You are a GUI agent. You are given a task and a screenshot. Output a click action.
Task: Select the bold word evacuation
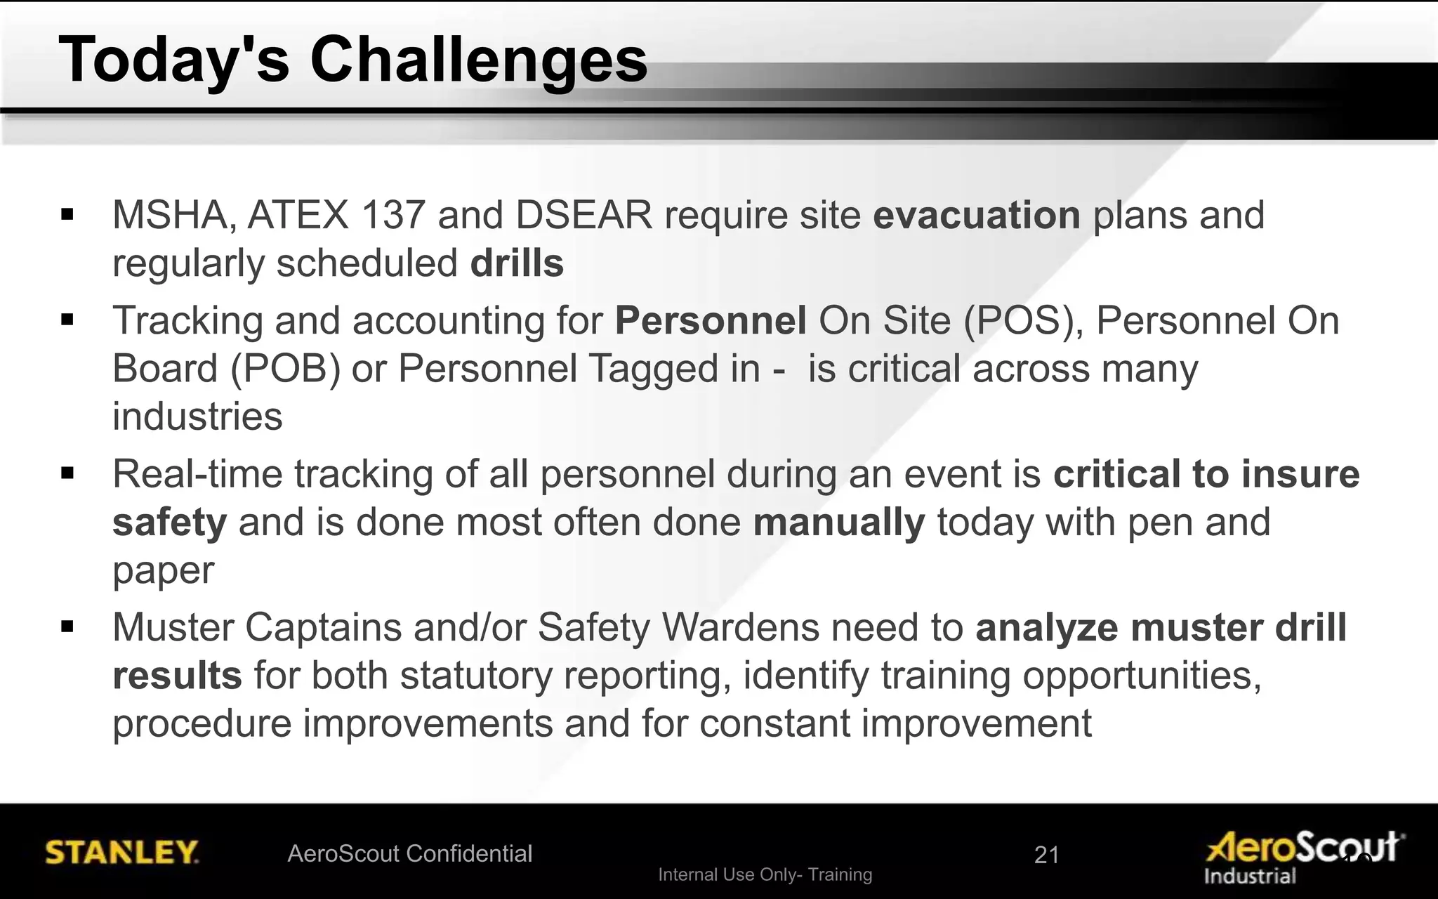pos(976,215)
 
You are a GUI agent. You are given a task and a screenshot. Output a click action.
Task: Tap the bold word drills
pos(517,263)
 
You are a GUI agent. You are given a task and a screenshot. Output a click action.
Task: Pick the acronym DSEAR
pos(583,215)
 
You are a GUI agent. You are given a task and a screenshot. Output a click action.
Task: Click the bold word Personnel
pos(711,321)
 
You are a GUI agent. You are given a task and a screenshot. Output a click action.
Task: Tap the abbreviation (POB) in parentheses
pos(286,369)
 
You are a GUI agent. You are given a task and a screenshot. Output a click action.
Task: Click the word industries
pos(197,416)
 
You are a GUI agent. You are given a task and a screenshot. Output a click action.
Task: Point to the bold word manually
pos(838,523)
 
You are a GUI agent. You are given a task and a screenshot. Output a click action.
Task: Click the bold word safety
pos(169,523)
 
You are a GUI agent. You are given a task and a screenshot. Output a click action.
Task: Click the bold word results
pos(177,676)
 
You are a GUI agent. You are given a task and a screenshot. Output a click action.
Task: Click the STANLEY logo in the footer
pos(121,853)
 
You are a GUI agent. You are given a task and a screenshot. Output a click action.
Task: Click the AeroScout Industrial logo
pos(1302,857)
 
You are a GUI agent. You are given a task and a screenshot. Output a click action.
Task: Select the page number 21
pos(1046,855)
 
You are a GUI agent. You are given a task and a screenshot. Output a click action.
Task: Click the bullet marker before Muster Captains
pos(67,626)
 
